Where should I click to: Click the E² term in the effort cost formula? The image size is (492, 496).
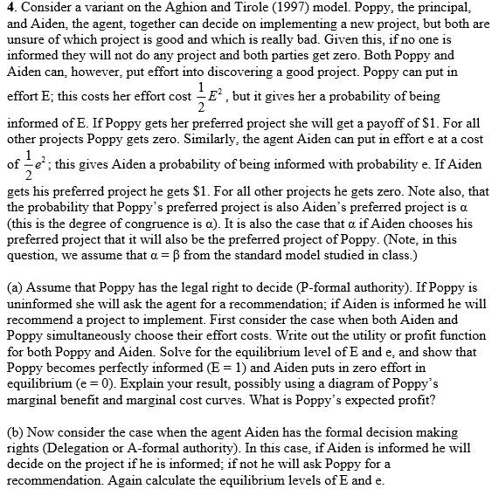pyautogui.click(x=216, y=95)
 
